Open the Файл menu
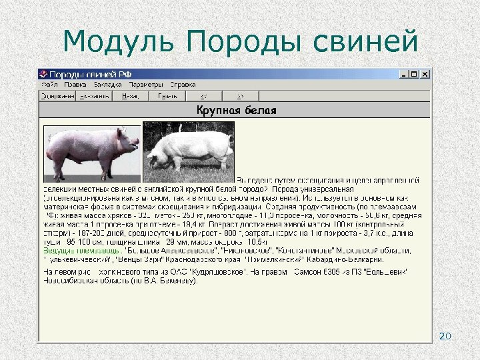[49, 85]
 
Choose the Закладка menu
[107, 85]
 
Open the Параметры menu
[146, 85]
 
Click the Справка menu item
[182, 85]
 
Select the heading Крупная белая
[236, 109]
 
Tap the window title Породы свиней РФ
[79, 74]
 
